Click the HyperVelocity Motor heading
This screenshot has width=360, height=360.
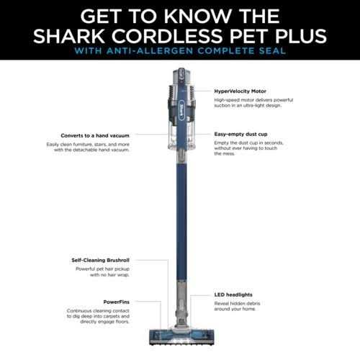(240, 92)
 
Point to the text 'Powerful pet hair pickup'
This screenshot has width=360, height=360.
(100, 269)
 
